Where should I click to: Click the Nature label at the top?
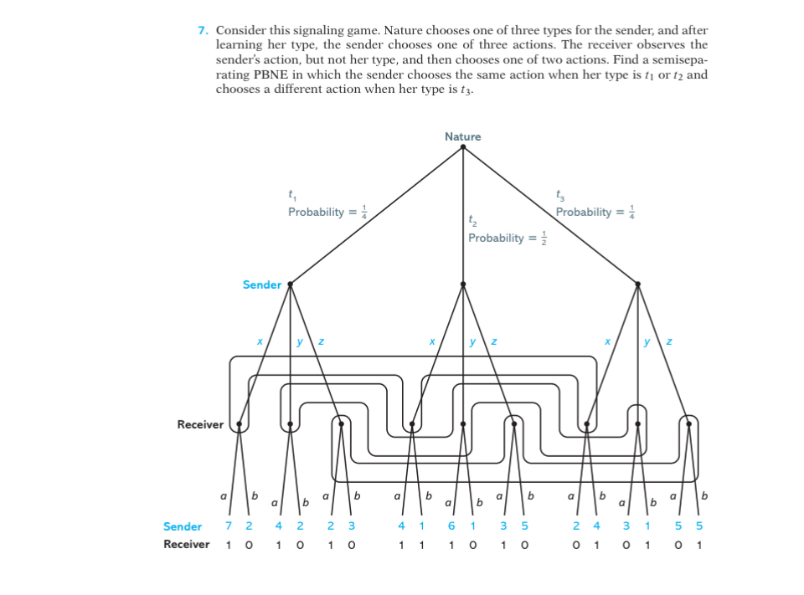tap(463, 136)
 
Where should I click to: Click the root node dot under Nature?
tap(463, 147)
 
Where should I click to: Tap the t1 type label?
tap(291, 196)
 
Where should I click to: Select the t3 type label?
tap(559, 196)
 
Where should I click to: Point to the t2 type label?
tap(472, 223)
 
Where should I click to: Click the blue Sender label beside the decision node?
tap(262, 285)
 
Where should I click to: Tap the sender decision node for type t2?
tap(463, 285)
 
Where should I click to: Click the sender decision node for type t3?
tap(637, 285)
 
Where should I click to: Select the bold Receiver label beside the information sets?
tap(200, 424)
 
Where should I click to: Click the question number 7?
tap(203, 31)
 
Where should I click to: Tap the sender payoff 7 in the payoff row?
tap(228, 526)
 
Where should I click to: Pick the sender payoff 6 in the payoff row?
tap(451, 526)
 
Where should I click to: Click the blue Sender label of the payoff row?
tap(183, 526)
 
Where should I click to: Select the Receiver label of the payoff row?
tap(186, 545)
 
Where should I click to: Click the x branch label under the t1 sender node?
tap(260, 341)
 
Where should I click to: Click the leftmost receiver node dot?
tap(240, 424)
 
